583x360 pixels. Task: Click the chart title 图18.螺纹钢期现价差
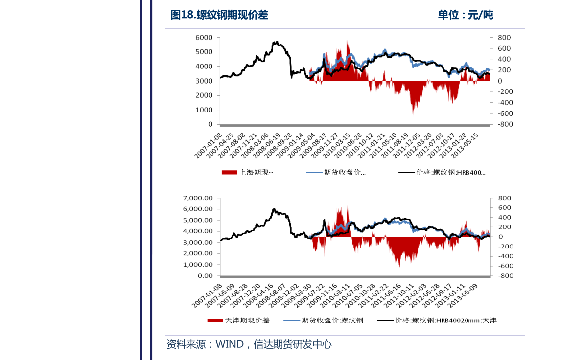pyautogui.click(x=219, y=15)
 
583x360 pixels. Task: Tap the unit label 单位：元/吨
pyautogui.click(x=465, y=15)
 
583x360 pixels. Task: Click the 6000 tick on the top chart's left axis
pyautogui.click(x=204, y=38)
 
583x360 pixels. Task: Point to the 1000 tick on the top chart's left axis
pyautogui.click(x=204, y=110)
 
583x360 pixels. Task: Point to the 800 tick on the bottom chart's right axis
pyautogui.click(x=504, y=198)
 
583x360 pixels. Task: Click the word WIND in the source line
pyautogui.click(x=230, y=344)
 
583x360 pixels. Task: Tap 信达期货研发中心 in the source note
pyautogui.click(x=292, y=344)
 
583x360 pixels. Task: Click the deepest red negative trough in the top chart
pyautogui.click(x=413, y=115)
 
